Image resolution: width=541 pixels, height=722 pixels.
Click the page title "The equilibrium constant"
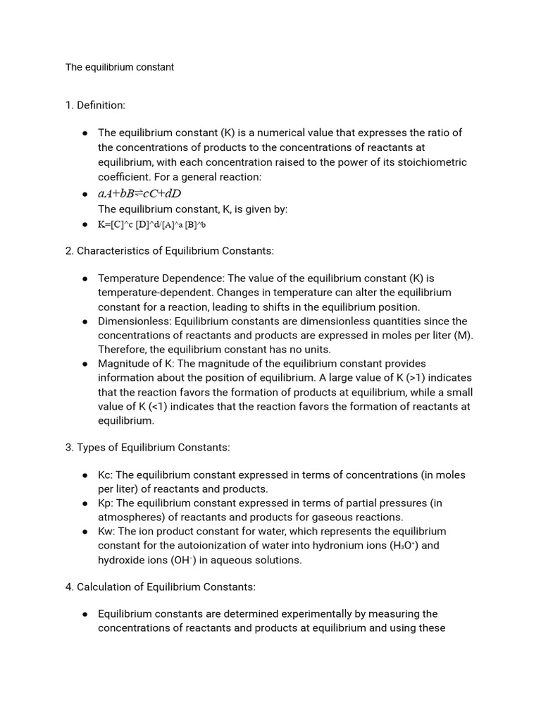click(x=120, y=68)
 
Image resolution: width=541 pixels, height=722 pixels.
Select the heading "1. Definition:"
click(x=95, y=105)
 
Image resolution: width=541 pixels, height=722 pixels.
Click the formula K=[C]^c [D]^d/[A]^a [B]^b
click(x=151, y=225)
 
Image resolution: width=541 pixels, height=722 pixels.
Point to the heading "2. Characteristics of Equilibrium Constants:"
click(x=169, y=251)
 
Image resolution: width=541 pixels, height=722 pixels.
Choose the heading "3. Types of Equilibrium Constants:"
click(x=147, y=448)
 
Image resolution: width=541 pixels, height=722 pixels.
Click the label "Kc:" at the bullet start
click(x=106, y=475)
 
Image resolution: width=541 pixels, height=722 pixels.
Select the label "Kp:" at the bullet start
click(x=106, y=503)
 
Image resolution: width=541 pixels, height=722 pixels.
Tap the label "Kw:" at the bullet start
click(x=106, y=532)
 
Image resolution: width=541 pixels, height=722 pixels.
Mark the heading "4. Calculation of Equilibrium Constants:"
click(x=161, y=587)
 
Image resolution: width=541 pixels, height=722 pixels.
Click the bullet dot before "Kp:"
click(x=85, y=503)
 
